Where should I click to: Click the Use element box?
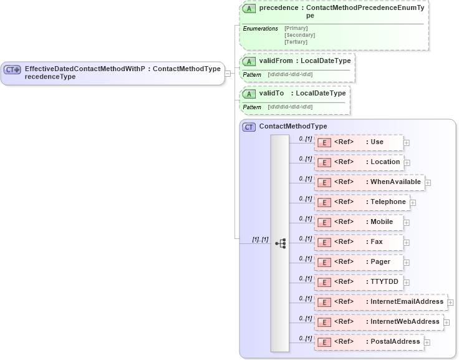point(359,142)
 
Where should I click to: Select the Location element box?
point(359,162)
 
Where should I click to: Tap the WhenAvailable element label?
point(395,182)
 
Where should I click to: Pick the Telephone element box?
point(362,202)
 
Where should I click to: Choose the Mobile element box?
point(359,222)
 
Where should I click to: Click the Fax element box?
point(359,242)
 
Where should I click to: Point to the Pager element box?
point(359,262)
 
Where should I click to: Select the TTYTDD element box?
point(359,282)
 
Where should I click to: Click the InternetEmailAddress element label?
point(407,302)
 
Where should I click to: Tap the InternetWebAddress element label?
point(405,322)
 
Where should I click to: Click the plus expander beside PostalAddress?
point(427,342)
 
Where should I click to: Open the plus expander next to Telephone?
point(413,203)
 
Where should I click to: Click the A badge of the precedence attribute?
point(249,9)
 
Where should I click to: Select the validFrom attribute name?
point(276,61)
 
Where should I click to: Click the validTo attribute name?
point(272,94)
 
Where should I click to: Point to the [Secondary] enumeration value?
point(299,35)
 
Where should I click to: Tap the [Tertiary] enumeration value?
point(296,42)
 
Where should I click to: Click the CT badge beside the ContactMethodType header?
point(249,127)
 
